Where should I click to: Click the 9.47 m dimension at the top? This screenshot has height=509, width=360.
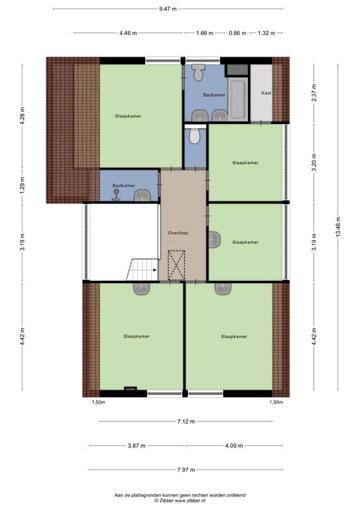[x=168, y=9]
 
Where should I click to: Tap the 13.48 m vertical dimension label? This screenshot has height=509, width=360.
[x=338, y=227]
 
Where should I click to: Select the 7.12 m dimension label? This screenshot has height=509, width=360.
[x=186, y=422]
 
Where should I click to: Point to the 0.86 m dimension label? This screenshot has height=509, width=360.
[x=237, y=32]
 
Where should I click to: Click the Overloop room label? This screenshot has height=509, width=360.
[x=178, y=233]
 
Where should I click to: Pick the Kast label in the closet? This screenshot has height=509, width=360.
[x=266, y=93]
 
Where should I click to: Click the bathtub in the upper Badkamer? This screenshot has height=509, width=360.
[x=238, y=99]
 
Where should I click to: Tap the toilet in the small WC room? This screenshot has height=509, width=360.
[x=194, y=136]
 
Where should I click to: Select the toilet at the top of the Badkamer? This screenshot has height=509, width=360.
[x=198, y=72]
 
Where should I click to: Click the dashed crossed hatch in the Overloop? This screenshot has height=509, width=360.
[x=176, y=265]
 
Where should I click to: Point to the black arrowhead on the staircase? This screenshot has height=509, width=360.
[x=155, y=270]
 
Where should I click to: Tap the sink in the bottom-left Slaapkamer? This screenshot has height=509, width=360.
[x=141, y=288]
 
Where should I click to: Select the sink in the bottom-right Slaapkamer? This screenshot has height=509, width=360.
[x=223, y=288]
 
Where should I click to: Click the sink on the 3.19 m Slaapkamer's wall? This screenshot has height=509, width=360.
[x=214, y=240]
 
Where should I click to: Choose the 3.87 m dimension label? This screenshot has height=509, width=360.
[x=137, y=445]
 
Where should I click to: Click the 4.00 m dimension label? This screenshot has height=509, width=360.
[x=234, y=445]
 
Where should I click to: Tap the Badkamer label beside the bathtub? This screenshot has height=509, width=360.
[x=214, y=95]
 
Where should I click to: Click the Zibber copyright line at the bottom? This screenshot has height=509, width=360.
[x=180, y=500]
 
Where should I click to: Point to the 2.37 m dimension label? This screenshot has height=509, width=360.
[x=314, y=93]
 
